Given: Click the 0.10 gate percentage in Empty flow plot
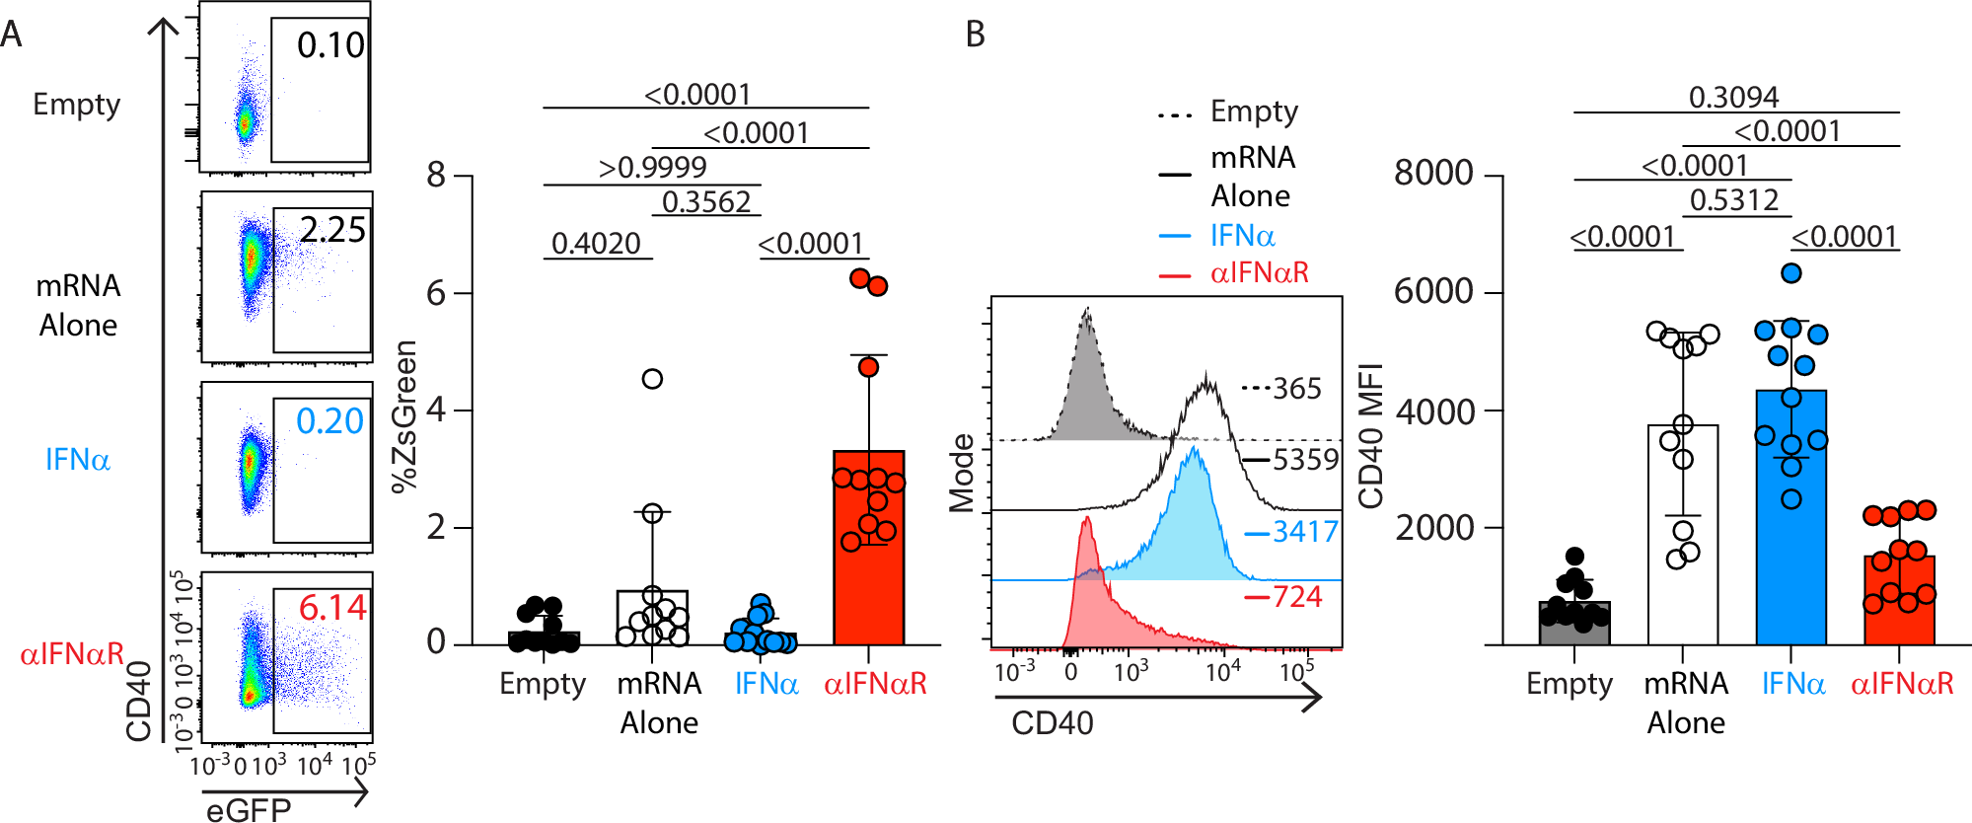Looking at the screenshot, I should pos(330,45).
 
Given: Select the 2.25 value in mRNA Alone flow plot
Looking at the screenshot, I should pos(332,230).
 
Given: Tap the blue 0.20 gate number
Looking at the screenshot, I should pos(329,421).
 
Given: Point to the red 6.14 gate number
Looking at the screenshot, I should pos(332,608).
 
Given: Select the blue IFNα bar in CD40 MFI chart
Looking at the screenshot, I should pos(1790,553).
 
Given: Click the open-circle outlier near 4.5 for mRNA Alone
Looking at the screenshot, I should pos(652,379).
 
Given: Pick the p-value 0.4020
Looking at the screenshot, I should pos(596,243).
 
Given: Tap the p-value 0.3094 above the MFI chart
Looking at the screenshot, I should pos(1733,97).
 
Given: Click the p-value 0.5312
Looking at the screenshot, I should pos(1733,200).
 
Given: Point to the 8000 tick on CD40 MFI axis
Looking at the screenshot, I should pos(1433,174).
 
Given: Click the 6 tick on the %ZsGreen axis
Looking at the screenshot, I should pos(436,293).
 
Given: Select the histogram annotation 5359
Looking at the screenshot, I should pos(1305,460).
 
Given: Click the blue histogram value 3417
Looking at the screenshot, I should pos(1304,533).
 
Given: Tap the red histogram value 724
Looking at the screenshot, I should pos(1296,597).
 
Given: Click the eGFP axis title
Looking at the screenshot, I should pos(248,809).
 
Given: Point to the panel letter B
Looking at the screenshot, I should pos(975,35).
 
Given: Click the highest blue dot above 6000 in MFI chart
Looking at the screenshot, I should pos(1791,273).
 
